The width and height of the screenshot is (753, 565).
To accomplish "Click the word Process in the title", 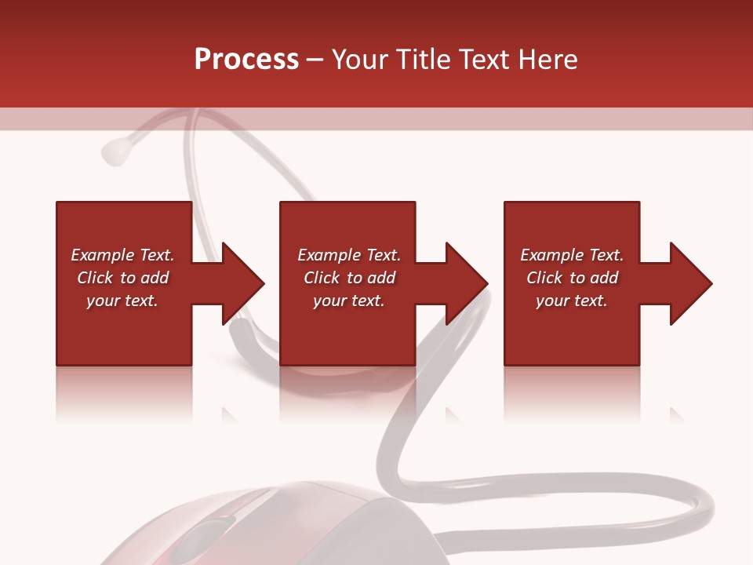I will point(246,60).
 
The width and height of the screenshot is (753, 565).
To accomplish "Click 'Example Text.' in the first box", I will point(122,255).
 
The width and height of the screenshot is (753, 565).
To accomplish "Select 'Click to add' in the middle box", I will point(349,278).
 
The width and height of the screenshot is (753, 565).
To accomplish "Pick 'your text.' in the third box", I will point(572,301).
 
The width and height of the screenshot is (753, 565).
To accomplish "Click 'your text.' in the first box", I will point(122,301).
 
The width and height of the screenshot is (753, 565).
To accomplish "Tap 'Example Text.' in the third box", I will point(572,255).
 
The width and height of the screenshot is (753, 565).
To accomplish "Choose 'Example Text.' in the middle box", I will point(349,255).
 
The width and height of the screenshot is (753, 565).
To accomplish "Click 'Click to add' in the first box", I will point(122,278).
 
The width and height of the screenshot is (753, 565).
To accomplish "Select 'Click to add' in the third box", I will point(572,278).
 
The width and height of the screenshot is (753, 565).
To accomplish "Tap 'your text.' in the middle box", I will point(349,301).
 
